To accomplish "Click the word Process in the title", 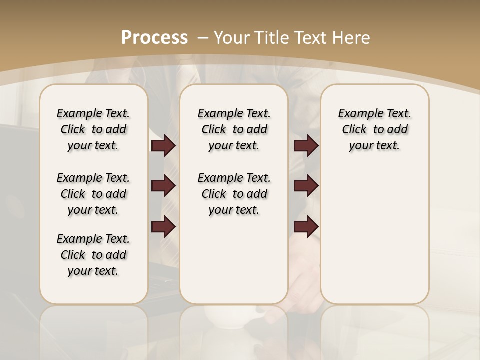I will tap(154, 37).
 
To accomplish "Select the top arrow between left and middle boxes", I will tap(163, 146).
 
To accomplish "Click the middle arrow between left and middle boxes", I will tap(163, 186).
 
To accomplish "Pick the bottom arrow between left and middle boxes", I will tap(163, 227).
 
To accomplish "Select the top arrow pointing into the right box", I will tap(306, 146).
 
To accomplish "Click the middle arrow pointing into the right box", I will tap(306, 186).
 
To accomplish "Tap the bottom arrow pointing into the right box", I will tap(306, 227).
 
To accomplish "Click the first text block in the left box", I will tap(93, 129).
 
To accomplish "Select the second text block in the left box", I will tap(93, 194).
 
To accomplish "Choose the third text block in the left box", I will tap(93, 255).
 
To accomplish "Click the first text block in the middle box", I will tap(234, 129).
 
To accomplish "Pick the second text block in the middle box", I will tap(234, 194).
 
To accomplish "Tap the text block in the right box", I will tap(374, 129).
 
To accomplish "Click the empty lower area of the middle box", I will tap(234, 260).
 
